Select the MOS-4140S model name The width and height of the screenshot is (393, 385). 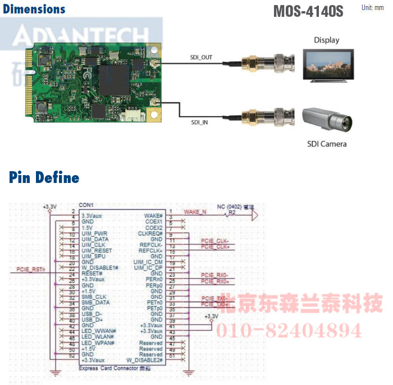click(x=308, y=11)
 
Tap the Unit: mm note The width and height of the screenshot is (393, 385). click(x=373, y=8)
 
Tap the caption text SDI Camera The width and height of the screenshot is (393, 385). click(x=327, y=144)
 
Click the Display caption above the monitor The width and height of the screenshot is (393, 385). click(x=326, y=40)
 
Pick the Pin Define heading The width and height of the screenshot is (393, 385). click(x=44, y=178)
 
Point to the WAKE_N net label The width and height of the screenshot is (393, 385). click(x=195, y=212)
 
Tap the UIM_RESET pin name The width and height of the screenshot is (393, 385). click(x=97, y=250)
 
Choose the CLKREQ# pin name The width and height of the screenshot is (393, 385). click(x=150, y=233)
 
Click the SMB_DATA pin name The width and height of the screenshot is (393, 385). click(x=95, y=302)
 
